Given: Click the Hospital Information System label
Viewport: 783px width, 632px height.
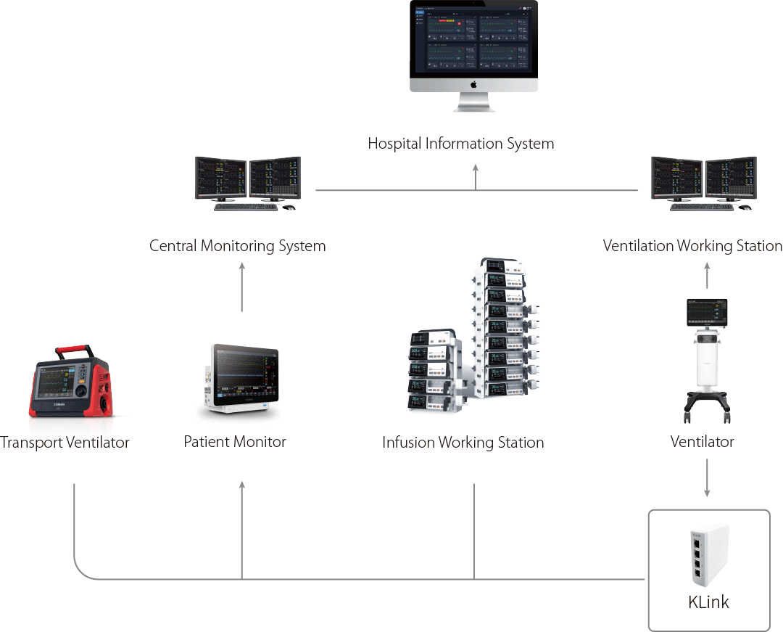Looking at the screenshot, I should click(460, 144).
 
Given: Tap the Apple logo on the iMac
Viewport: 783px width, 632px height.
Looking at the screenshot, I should click(473, 84).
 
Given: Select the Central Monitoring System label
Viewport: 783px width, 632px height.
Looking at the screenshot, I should click(237, 246).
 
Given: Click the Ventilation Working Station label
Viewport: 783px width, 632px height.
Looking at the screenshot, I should click(692, 246).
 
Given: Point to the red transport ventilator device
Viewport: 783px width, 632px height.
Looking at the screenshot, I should click(71, 385).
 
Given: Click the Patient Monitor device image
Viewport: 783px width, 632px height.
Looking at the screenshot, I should click(241, 379).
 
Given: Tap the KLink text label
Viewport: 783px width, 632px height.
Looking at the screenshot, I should click(708, 602).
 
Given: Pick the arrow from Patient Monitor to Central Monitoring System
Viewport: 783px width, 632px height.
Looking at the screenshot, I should click(242, 287).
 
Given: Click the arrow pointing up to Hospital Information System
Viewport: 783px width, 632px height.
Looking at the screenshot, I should click(476, 176).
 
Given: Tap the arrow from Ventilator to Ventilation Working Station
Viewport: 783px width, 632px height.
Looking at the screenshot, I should click(708, 276).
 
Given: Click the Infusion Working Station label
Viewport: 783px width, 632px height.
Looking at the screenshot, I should click(463, 442).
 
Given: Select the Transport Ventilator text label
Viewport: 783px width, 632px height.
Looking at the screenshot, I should click(65, 442).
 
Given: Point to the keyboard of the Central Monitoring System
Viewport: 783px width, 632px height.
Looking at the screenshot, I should click(246, 208).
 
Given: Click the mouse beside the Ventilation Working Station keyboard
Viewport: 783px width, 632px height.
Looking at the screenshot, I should click(745, 208).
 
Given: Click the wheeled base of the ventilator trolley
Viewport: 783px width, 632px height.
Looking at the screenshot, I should click(707, 405).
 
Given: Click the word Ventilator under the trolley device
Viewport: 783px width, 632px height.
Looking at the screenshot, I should click(702, 441).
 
